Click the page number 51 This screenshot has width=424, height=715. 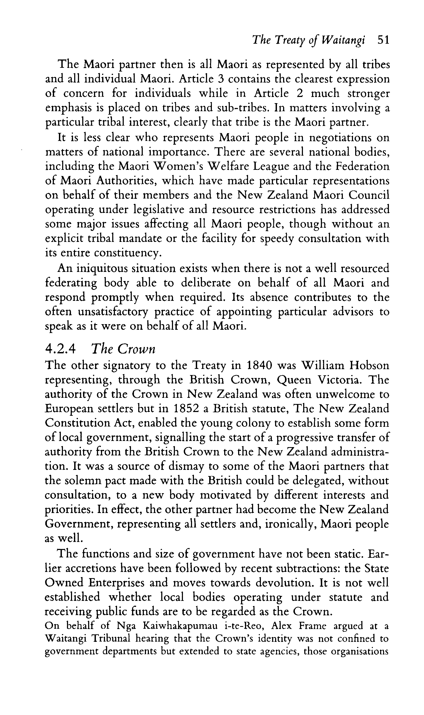point(383,40)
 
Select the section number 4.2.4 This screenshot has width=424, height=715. point(61,349)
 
